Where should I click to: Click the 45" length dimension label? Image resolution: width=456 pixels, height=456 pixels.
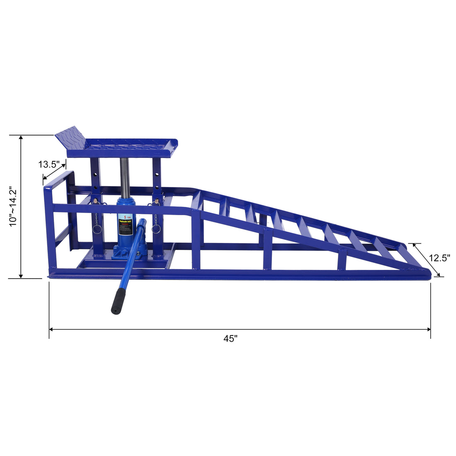[230, 338]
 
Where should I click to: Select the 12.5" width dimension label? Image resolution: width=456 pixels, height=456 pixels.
[439, 258]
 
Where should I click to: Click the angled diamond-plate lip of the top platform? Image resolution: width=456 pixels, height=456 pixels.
[70, 137]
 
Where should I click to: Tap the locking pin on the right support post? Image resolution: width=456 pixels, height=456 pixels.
[157, 201]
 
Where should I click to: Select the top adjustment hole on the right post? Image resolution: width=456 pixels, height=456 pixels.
[158, 163]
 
